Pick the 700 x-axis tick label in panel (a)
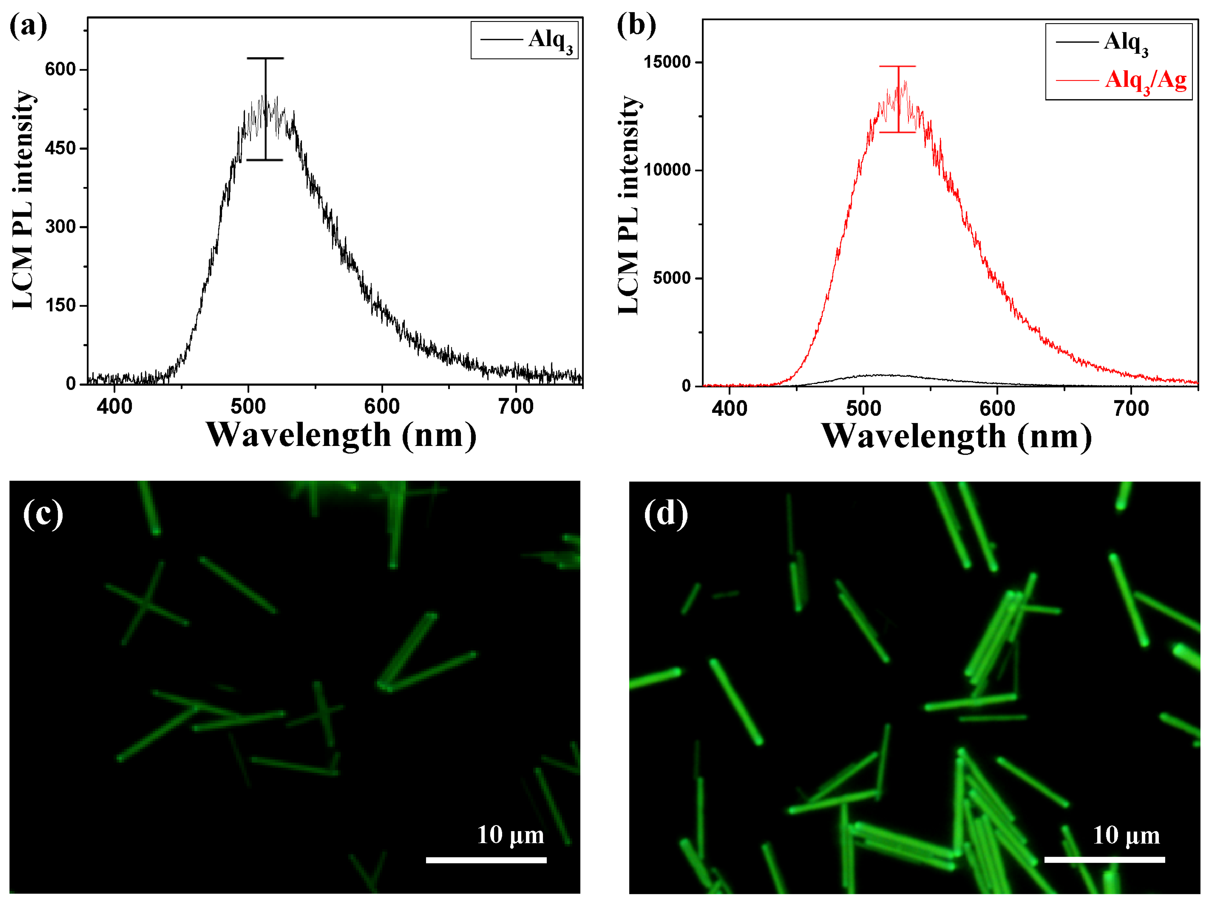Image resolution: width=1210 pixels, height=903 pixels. (516, 407)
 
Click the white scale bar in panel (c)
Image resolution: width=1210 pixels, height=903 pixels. (486, 860)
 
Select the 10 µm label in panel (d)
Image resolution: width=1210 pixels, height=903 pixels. (1126, 835)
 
